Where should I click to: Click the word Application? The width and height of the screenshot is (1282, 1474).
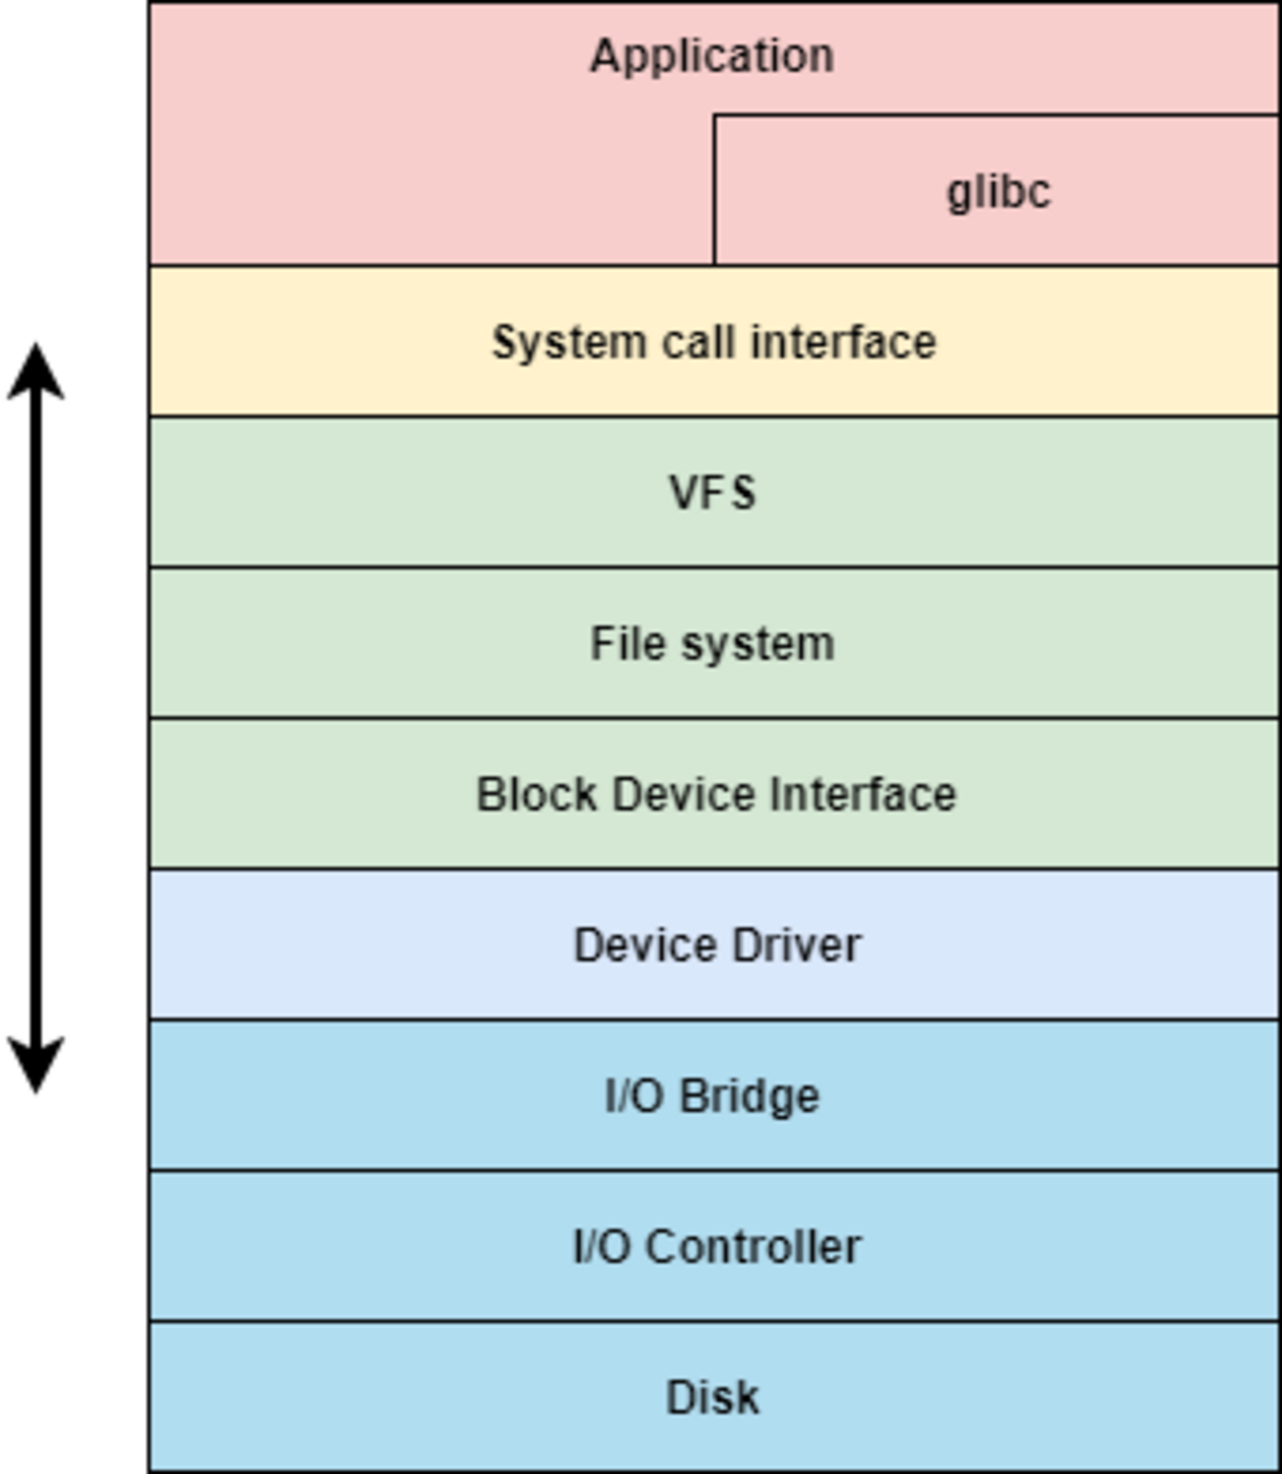[x=712, y=56]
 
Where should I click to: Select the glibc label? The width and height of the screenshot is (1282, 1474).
[x=999, y=191]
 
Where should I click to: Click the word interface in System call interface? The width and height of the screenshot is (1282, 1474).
[x=843, y=343]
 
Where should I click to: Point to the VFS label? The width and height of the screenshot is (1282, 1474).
[x=713, y=493]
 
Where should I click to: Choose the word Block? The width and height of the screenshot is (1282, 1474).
[x=536, y=795]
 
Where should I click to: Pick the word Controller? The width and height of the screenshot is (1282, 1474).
[x=753, y=1247]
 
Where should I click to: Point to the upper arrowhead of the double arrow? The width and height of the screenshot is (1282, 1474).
[x=36, y=371]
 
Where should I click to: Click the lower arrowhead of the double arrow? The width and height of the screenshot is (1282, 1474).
[x=36, y=1067]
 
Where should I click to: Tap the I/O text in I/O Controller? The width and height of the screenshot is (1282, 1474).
[x=602, y=1247]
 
